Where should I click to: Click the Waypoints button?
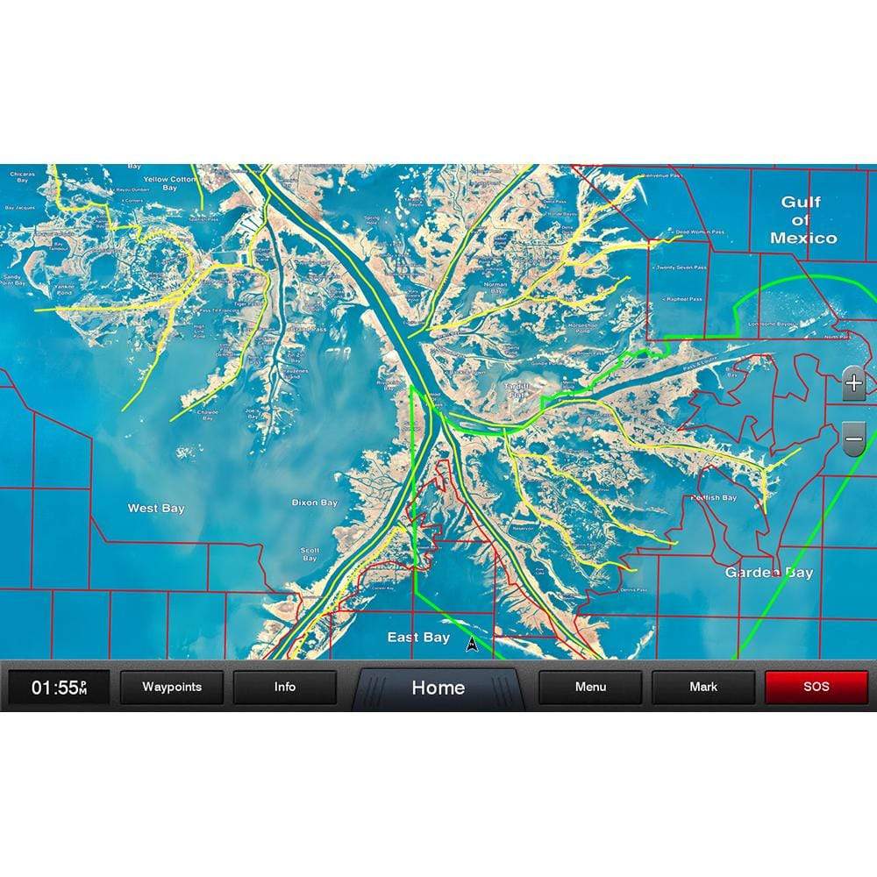(172, 688)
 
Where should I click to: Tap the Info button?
(284, 688)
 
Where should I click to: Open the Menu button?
(590, 688)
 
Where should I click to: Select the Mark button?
(703, 688)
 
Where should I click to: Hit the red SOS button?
(816, 688)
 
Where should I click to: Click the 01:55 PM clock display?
(60, 688)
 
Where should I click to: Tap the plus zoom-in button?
(853, 384)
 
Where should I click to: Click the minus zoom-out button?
(853, 437)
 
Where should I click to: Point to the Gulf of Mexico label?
(802, 219)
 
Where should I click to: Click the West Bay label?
(156, 508)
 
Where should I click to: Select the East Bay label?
(418, 638)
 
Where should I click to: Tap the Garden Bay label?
(769, 573)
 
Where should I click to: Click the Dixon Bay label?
(314, 503)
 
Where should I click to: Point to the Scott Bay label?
(310, 554)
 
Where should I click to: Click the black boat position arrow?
(472, 645)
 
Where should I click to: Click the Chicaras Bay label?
(22, 177)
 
